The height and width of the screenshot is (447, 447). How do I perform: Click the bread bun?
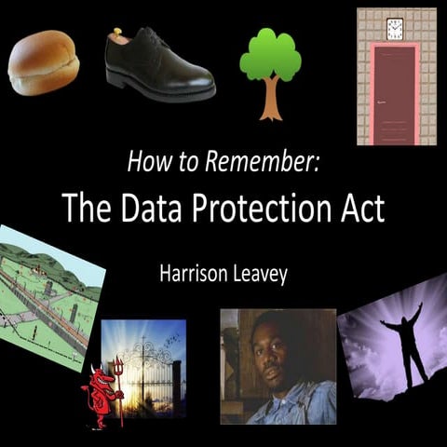pyautogui.click(x=43, y=63)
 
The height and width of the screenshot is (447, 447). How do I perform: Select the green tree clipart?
pyautogui.click(x=270, y=56)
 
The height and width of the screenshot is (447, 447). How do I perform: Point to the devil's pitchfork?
pyautogui.click(x=118, y=391)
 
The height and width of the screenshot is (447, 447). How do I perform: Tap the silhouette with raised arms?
pyautogui.click(x=403, y=345)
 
